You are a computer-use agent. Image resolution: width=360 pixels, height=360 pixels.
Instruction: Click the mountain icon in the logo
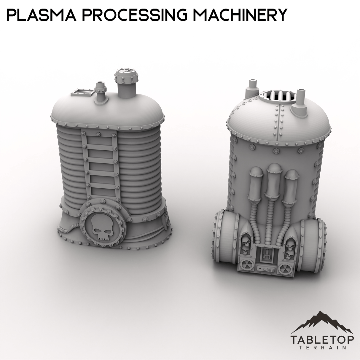pos(322,322)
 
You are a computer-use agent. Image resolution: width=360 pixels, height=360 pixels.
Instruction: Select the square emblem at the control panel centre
pos(267,255)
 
